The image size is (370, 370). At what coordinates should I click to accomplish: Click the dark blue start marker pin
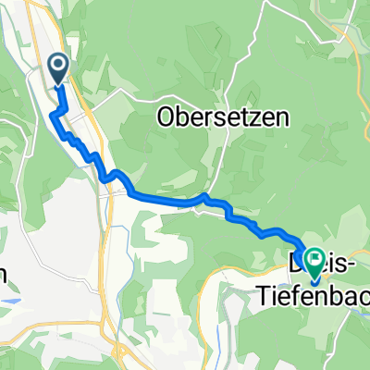[x=57, y=68]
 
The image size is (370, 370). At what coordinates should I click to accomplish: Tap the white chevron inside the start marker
[x=57, y=65]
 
